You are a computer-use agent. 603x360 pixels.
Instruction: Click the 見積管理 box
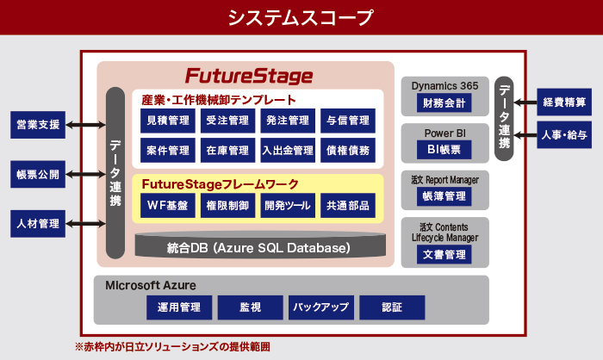click(x=168, y=121)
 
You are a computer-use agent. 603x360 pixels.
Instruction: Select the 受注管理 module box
click(x=228, y=121)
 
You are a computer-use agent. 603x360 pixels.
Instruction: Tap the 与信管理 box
click(x=348, y=121)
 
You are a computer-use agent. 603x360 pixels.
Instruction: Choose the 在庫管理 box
click(x=228, y=150)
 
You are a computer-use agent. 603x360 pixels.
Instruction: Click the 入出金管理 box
click(x=288, y=150)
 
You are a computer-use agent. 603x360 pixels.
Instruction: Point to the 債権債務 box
click(x=348, y=150)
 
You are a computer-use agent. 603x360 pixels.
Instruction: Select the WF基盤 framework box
click(x=168, y=206)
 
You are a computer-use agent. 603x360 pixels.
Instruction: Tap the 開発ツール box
click(x=288, y=206)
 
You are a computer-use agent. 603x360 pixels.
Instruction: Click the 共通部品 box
click(x=348, y=206)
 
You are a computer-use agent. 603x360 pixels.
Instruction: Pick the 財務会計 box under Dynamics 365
click(x=444, y=103)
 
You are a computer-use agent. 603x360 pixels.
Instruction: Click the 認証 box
click(x=391, y=307)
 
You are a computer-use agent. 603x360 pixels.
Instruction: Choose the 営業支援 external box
click(x=38, y=125)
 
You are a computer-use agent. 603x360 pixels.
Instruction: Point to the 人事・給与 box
click(x=565, y=135)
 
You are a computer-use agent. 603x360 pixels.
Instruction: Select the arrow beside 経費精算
click(x=526, y=102)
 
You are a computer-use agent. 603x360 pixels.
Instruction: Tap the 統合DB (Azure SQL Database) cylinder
click(x=258, y=247)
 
